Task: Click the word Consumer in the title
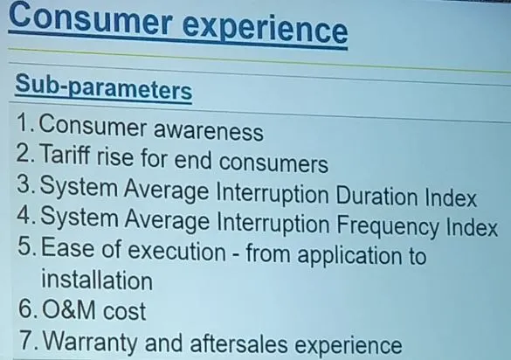click(x=91, y=19)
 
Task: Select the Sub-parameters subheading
click(x=104, y=87)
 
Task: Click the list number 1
click(x=24, y=123)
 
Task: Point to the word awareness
click(x=208, y=130)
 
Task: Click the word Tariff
click(x=66, y=154)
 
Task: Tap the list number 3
click(x=25, y=184)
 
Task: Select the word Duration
click(x=376, y=196)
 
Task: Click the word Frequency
click(x=388, y=225)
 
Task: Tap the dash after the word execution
click(x=236, y=253)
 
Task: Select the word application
click(x=349, y=256)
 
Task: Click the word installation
click(x=97, y=280)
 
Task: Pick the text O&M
click(x=69, y=310)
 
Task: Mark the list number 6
click(x=26, y=309)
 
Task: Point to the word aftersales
click(x=238, y=343)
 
